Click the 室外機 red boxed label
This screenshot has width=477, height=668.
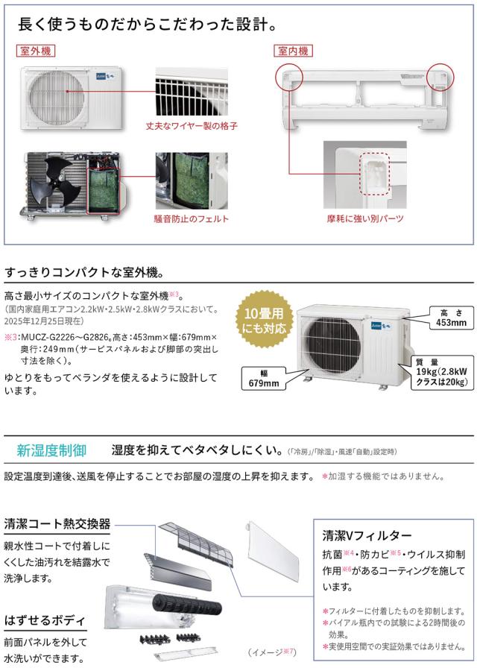pos(36,51)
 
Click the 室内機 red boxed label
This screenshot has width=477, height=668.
pos(293,51)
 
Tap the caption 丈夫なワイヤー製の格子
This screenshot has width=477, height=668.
pos(192,126)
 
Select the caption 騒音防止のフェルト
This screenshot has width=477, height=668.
pos(192,219)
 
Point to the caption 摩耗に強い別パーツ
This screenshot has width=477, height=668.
pos(365,218)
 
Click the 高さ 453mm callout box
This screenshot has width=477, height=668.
pos(451,318)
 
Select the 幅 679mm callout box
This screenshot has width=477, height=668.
pos(264,378)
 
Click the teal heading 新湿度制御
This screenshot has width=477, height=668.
pos(51,450)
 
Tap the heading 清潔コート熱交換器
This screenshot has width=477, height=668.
pos(57,524)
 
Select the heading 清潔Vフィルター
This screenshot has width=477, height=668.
pos(367,535)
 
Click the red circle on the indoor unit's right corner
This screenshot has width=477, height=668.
pos(440,78)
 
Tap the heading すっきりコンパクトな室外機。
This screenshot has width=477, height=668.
pos(84,273)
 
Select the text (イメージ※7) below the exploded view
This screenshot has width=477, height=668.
pos(272,652)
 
